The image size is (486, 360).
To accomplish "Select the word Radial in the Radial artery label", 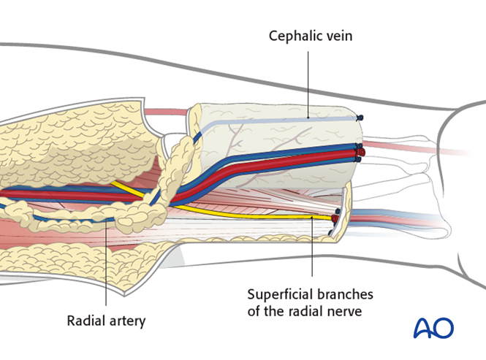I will pos(85,320).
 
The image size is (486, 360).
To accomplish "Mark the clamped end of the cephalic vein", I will pos(358,118).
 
